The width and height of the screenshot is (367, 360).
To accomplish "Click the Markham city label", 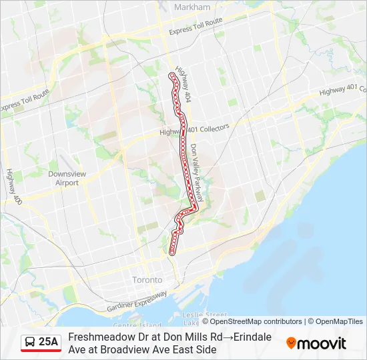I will (x=192, y=7).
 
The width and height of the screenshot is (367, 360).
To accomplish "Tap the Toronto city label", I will (x=147, y=279).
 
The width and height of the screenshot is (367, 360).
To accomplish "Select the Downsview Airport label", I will (x=67, y=178).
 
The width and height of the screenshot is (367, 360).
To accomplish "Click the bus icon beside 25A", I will (x=30, y=342).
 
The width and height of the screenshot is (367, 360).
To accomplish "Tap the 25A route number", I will (x=49, y=342).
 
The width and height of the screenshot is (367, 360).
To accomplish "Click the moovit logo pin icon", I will (x=291, y=343).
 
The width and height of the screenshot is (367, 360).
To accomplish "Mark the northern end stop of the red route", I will (x=171, y=77).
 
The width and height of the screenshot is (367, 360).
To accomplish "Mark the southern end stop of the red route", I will (x=172, y=252).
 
